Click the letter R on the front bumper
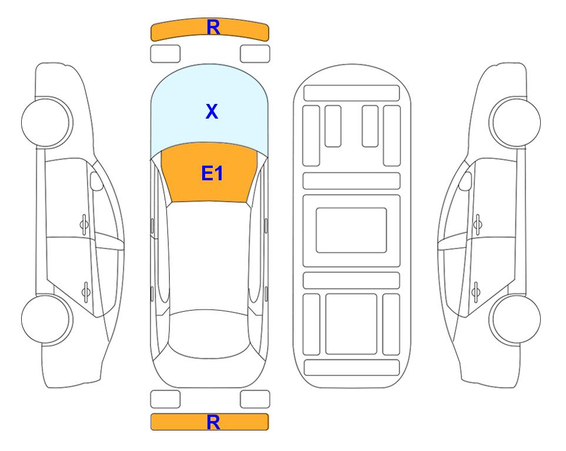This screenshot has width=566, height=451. [213, 28]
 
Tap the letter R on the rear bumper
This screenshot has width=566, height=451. [213, 422]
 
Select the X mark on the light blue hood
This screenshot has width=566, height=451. [212, 111]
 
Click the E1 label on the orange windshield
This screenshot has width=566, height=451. [212, 173]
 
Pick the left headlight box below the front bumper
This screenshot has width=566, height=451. [165, 54]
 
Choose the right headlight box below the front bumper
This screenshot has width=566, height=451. [255, 54]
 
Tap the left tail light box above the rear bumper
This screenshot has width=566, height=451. [165, 399]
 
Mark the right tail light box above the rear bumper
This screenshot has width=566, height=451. [255, 399]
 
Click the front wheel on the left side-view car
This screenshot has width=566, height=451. [46, 122]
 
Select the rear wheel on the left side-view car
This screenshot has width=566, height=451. [46, 319]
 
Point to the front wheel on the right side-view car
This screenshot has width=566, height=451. [515, 122]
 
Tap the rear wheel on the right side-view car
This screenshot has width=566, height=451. [515, 319]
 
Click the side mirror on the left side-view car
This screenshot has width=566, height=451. [96, 181]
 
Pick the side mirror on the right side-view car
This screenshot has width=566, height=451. [465, 181]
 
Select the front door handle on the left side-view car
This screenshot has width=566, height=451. [84, 224]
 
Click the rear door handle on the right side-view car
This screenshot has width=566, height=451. [477, 292]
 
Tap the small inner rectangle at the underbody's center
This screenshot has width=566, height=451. [351, 230]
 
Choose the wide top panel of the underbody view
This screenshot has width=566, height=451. [351, 93]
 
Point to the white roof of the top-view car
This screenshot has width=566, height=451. [209, 256]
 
